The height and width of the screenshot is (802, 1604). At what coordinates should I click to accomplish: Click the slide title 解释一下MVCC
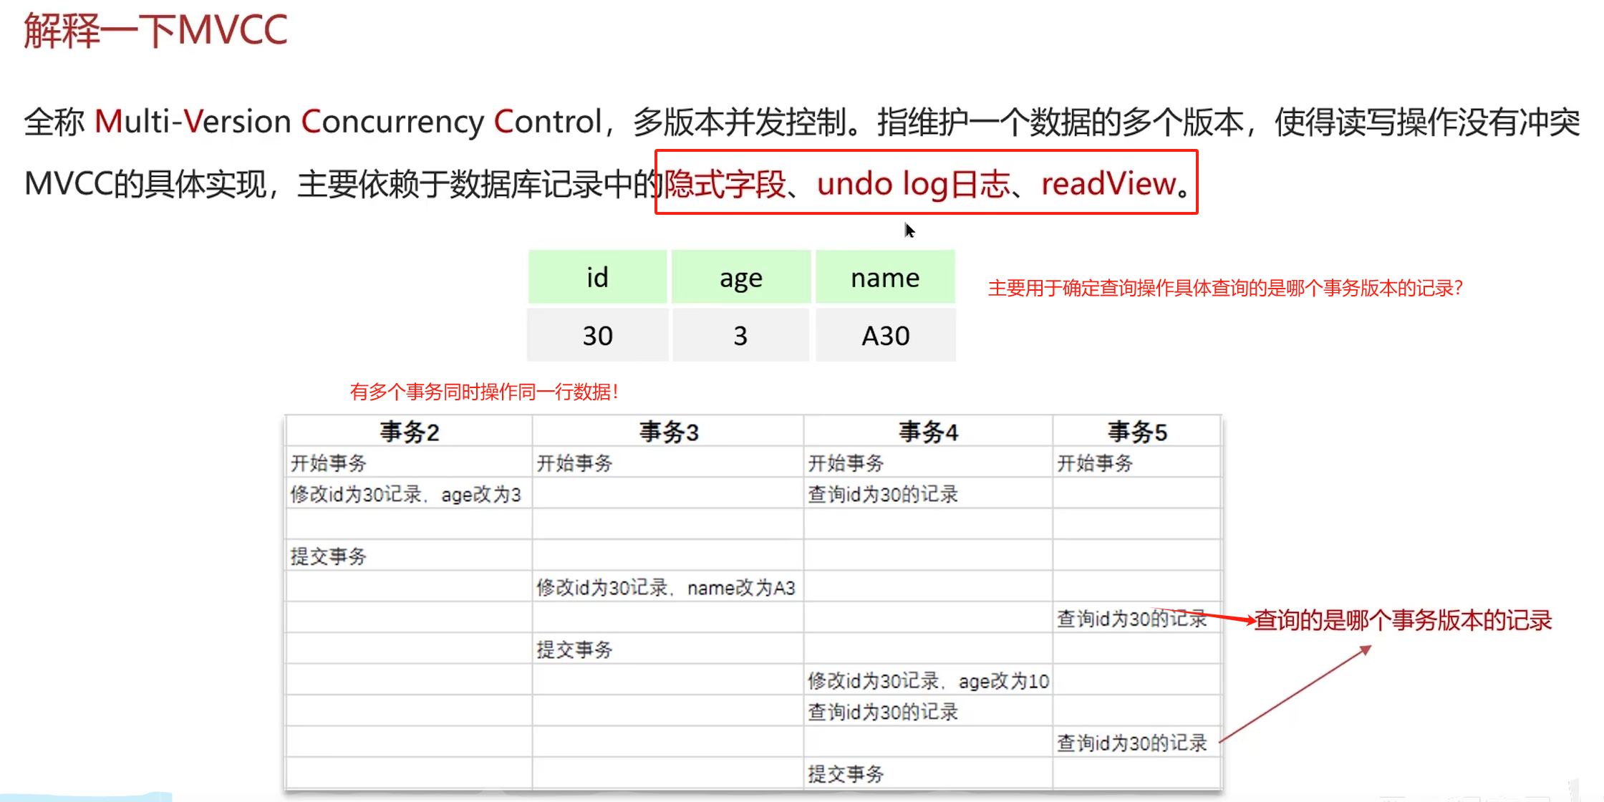click(x=155, y=30)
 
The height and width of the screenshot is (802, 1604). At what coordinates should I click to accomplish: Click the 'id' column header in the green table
click(x=597, y=277)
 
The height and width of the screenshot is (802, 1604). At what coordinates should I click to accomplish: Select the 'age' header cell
click(x=740, y=277)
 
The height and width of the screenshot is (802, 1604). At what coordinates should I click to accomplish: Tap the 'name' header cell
click(x=885, y=277)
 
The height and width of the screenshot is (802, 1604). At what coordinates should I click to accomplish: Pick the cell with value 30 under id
click(x=597, y=335)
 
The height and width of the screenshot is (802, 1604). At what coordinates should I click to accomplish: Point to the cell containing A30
click(x=885, y=335)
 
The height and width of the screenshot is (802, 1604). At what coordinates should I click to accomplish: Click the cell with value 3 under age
click(x=740, y=335)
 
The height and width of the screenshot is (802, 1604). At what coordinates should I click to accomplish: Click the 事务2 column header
click(x=409, y=432)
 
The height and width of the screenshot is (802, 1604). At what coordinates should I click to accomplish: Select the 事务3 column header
click(x=668, y=432)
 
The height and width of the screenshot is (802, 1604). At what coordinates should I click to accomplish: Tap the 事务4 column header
click(x=928, y=432)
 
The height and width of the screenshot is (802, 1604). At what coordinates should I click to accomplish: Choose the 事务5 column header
click(x=1137, y=432)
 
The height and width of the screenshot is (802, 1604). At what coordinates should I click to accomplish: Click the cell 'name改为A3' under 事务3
click(x=666, y=588)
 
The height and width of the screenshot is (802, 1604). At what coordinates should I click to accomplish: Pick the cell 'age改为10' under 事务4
click(x=928, y=681)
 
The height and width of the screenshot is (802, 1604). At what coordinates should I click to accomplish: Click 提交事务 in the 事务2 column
click(x=329, y=556)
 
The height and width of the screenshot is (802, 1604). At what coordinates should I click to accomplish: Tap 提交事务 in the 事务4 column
click(x=846, y=774)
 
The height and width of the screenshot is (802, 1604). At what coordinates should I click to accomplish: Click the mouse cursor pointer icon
click(x=909, y=231)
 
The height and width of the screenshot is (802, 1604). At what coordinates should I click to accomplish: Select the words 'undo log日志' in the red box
click(x=913, y=184)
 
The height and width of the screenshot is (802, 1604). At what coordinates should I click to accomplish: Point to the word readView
click(x=1108, y=184)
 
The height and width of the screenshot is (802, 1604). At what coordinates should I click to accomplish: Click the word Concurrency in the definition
click(x=392, y=122)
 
